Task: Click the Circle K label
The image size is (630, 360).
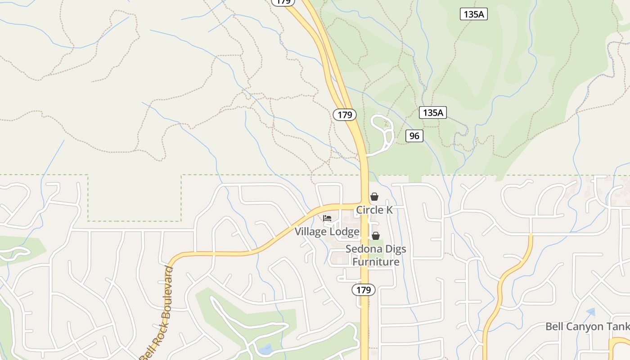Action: tap(374, 210)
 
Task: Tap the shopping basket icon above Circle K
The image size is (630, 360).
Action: tap(374, 197)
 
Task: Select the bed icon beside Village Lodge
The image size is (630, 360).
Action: tap(327, 218)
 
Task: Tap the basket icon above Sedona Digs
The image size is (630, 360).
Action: tap(375, 236)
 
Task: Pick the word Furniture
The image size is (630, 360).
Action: tap(376, 262)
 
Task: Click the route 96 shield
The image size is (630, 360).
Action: tap(414, 135)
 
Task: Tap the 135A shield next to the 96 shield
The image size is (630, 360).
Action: tap(433, 112)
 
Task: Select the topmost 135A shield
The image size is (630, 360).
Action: tap(474, 14)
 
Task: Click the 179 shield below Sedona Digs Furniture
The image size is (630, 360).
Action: tap(363, 290)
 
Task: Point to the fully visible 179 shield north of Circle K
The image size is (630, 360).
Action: tap(345, 115)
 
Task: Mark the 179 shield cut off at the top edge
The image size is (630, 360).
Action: tap(283, 2)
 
